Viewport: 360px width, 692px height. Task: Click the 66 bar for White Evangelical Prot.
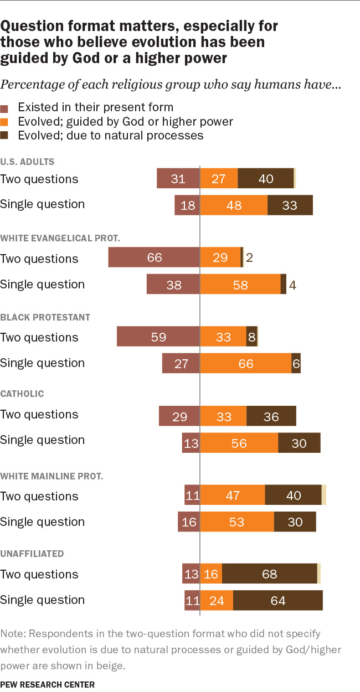click(154, 258)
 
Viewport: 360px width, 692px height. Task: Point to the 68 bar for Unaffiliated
click(269, 574)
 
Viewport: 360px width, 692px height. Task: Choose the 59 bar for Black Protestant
click(158, 337)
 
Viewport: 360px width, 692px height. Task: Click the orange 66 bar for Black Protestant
click(245, 363)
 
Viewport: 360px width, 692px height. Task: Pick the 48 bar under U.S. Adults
click(233, 205)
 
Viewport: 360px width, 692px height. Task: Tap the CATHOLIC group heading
click(22, 394)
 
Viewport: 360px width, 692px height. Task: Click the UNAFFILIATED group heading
click(32, 554)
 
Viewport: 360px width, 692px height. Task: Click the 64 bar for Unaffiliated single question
click(277, 600)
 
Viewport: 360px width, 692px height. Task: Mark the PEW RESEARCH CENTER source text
click(48, 684)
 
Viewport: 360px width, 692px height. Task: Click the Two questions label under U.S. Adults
click(39, 179)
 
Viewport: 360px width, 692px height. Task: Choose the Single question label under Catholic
click(43, 440)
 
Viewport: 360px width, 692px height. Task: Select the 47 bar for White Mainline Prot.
click(232, 495)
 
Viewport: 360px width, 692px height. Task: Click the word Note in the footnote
click(12, 633)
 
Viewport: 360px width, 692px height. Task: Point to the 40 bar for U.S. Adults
click(265, 179)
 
